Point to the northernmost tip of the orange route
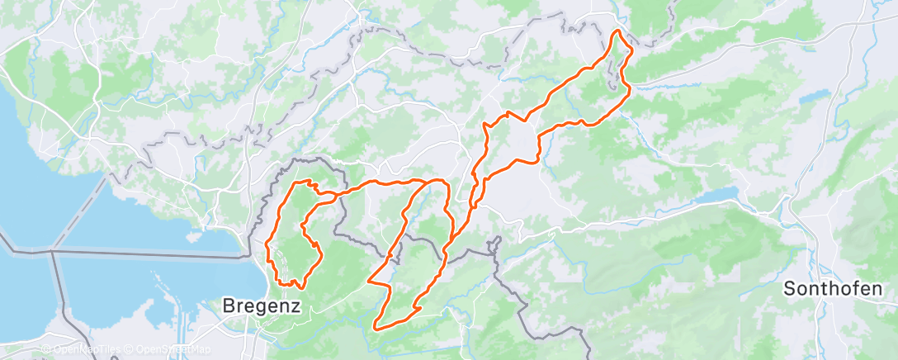pyautogui.click(x=616, y=31)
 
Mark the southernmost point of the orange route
pyautogui.click(x=377, y=329)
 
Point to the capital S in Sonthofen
pyautogui.click(x=789, y=289)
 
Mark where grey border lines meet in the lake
pyautogui.click(x=53, y=249)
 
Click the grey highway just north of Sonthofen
pyautogui.click(x=813, y=239)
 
